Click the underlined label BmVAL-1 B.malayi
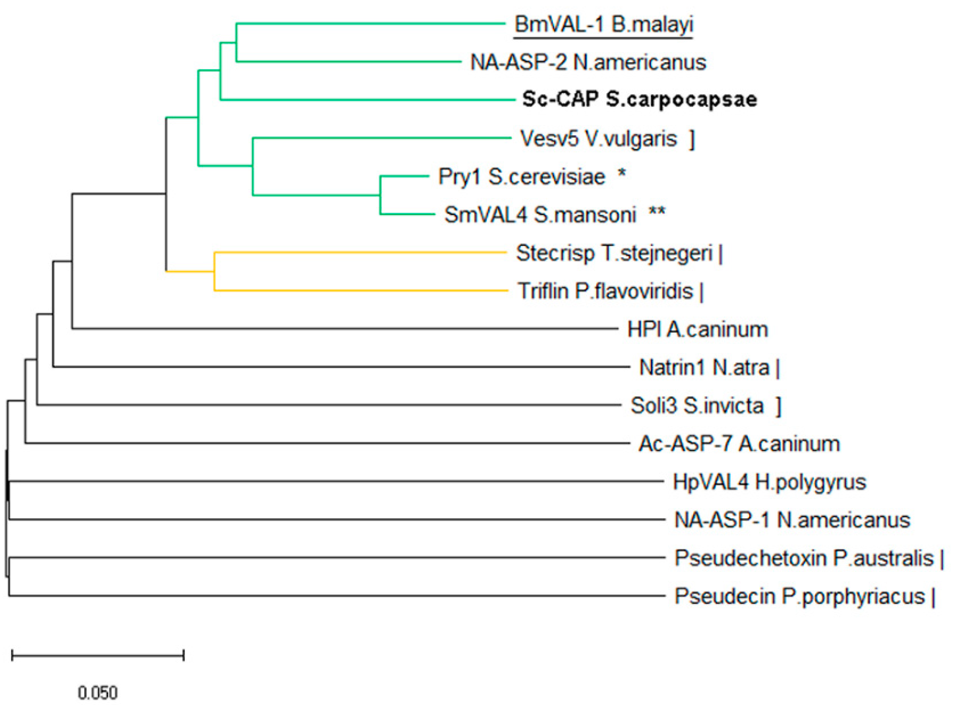click(x=603, y=25)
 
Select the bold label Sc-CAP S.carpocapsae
click(x=639, y=99)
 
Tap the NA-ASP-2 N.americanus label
click(x=588, y=62)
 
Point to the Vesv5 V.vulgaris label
click(x=598, y=139)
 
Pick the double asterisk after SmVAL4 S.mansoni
click(x=657, y=212)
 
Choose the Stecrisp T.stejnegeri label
click(x=614, y=253)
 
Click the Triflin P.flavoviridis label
click(x=605, y=291)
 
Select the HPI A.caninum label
click(x=697, y=330)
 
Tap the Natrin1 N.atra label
click(x=704, y=368)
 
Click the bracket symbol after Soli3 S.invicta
click(x=778, y=406)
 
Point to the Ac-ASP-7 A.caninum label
click(x=739, y=444)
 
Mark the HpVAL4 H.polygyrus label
click(x=769, y=482)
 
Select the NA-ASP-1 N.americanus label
click(x=792, y=520)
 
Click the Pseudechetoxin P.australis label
click(x=803, y=558)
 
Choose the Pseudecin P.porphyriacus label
click(x=799, y=596)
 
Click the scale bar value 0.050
click(x=98, y=692)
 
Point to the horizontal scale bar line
click(x=98, y=655)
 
